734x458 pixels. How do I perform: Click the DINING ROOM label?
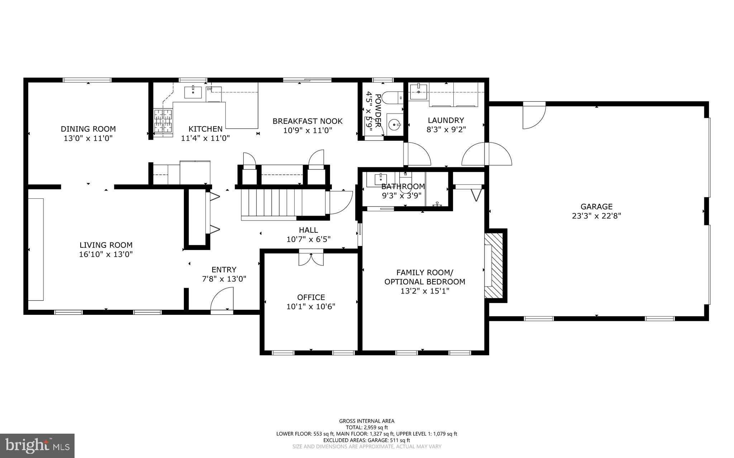88,129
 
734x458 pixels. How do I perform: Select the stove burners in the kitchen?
163,121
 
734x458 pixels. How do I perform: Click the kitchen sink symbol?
193,92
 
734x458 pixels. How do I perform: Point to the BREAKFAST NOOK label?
308,121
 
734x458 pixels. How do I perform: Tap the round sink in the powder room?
394,125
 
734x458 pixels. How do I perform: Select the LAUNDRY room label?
446,120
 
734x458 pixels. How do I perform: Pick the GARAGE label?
596,207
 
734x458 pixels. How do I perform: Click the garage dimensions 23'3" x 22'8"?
596,216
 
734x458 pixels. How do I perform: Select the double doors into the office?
311,259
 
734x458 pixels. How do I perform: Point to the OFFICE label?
311,297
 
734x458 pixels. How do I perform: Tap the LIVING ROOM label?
106,245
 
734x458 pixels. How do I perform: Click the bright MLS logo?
37,445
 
